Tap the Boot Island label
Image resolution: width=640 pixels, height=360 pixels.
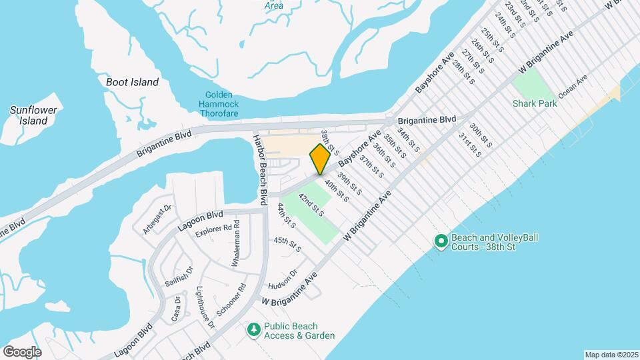[x=133, y=82]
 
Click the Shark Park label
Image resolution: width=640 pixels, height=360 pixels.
[x=535, y=103]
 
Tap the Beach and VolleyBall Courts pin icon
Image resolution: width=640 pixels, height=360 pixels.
[x=440, y=241]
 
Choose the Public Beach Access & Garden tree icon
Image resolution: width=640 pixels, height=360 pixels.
[x=253, y=329]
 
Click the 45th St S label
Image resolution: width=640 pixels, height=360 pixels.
[x=287, y=244]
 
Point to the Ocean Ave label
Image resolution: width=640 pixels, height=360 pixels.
[x=573, y=87]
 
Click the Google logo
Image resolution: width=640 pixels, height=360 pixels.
[x=22, y=351]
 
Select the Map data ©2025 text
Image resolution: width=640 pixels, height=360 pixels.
[x=610, y=355]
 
